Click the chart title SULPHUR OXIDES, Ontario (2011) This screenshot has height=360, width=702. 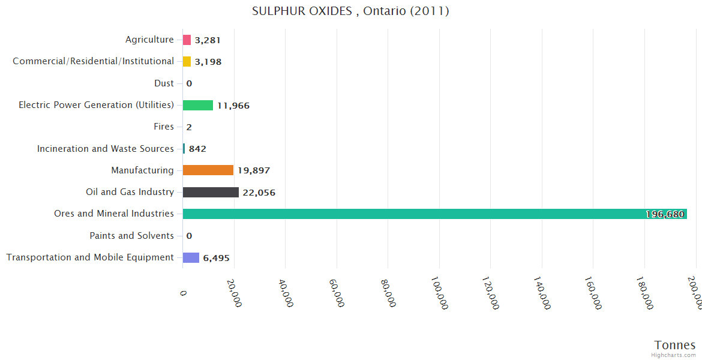(350, 11)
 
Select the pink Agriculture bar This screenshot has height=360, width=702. (187, 40)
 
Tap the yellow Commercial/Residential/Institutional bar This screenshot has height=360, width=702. (187, 62)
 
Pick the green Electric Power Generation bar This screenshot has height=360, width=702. (198, 106)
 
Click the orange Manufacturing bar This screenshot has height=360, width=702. (208, 170)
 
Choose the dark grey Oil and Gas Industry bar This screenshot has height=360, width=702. (211, 193)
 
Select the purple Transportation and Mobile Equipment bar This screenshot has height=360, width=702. (191, 257)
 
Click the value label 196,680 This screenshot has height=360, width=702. (665, 214)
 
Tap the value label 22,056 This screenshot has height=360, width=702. (259, 193)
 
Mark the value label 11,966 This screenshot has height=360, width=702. (233, 106)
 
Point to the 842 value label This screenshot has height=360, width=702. (197, 149)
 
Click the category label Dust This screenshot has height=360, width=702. (164, 83)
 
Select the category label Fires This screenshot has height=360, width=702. (164, 127)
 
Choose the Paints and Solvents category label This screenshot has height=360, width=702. (131, 236)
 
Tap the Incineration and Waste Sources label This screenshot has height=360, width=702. (106, 149)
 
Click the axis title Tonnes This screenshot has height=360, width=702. (675, 345)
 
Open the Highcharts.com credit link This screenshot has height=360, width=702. (674, 355)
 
